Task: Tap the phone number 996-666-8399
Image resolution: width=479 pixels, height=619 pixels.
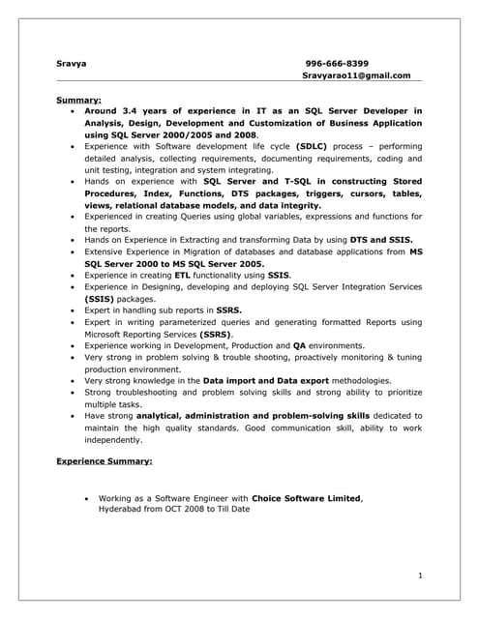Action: (337, 63)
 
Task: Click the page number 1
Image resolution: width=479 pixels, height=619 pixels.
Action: (420, 576)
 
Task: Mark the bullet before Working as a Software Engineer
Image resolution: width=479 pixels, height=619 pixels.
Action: (88, 499)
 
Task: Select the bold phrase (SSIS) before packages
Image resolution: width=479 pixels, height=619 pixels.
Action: (101, 299)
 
